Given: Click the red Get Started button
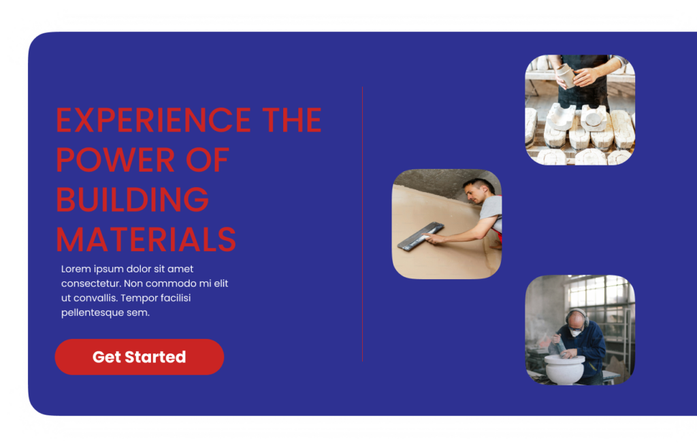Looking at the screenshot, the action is (x=139, y=357).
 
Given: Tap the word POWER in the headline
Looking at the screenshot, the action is (x=115, y=160).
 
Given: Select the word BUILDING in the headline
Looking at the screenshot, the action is (x=133, y=200).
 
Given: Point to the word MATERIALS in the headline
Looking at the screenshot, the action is (x=146, y=240).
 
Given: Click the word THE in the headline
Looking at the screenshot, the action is (x=291, y=120).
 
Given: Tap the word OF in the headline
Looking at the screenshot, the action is (x=208, y=160).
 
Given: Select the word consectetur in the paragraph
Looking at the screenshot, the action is (x=91, y=284).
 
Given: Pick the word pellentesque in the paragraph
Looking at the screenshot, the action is (x=93, y=313).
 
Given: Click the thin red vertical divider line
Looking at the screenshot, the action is (x=362, y=224).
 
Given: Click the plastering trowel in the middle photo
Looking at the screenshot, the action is (x=420, y=236).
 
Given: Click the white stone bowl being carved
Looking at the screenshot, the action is (x=564, y=368).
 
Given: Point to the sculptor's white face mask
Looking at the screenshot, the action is (x=576, y=332).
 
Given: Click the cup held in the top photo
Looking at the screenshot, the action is (x=566, y=75).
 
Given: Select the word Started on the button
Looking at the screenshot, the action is (x=155, y=357).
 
